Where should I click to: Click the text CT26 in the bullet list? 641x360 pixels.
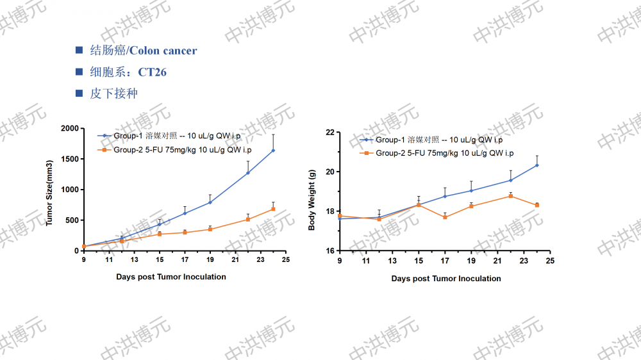pos(152,72)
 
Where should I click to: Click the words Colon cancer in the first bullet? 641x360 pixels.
pos(163,51)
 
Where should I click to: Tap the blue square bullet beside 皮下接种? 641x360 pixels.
pos(79,94)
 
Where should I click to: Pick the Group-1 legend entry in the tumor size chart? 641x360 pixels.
pos(174,136)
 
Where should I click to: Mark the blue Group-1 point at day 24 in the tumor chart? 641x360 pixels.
pos(273,151)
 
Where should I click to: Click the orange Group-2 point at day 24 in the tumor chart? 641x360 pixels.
pos(273,209)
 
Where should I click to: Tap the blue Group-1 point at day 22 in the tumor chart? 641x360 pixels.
pos(248,173)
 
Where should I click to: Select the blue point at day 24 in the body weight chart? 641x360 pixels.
pos(537,165)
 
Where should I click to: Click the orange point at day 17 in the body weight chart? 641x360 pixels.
pos(445,217)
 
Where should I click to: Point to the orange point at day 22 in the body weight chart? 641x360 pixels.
pos(511,196)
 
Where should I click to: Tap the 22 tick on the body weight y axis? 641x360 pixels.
pos(330,133)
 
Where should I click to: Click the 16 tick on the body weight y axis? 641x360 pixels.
pos(330,250)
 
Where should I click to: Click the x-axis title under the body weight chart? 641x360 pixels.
pos(446,279)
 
